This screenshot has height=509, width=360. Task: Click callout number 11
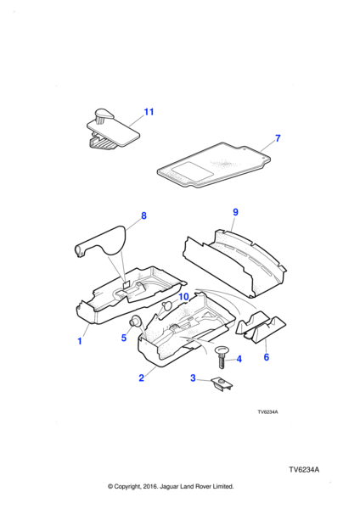click(x=149, y=112)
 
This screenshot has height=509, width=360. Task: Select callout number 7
click(x=278, y=138)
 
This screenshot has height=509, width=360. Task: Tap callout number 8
click(x=143, y=215)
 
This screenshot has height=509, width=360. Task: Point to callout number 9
click(x=235, y=212)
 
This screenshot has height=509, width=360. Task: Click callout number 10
click(x=183, y=297)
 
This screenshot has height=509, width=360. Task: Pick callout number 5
click(x=123, y=338)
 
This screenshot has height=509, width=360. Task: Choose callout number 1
click(x=80, y=341)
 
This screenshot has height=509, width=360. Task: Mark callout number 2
click(x=141, y=378)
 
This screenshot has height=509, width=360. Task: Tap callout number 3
click(x=193, y=378)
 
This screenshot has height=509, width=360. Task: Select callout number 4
click(x=239, y=359)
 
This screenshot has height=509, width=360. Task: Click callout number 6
click(x=267, y=357)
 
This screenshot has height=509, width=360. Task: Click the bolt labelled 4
click(x=222, y=357)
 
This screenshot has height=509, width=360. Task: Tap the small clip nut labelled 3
click(x=222, y=383)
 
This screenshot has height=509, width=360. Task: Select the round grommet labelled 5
click(x=136, y=321)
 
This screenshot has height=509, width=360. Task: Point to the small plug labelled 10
click(x=167, y=305)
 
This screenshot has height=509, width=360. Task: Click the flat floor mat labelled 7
click(x=213, y=165)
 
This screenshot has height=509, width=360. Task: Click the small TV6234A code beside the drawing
click(x=267, y=412)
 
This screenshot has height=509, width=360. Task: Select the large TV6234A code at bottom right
click(x=304, y=470)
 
